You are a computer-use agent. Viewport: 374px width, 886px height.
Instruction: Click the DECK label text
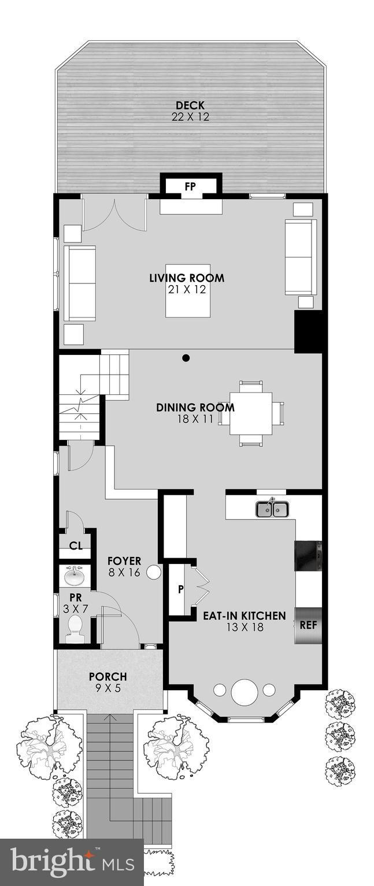(190, 105)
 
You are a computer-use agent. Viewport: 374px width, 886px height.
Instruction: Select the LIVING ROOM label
(187, 278)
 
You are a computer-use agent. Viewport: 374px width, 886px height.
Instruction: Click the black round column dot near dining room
(186, 358)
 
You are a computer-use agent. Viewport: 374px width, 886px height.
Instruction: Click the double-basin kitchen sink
(272, 509)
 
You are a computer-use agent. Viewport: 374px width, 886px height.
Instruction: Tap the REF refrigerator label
(308, 625)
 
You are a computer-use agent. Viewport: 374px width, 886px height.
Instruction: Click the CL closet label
(75, 545)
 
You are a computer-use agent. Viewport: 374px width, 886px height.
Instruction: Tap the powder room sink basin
(74, 575)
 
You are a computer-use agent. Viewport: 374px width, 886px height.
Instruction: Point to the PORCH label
(108, 676)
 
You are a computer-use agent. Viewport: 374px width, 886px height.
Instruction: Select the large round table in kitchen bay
(244, 691)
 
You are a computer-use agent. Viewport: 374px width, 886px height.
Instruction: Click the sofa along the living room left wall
(80, 283)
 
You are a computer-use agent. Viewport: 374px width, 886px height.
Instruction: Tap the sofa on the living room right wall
(300, 257)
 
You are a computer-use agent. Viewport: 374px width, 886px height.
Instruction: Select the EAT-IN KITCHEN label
(244, 616)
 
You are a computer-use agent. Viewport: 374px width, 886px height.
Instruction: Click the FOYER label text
(124, 560)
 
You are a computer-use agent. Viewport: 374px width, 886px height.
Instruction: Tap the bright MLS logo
(72, 862)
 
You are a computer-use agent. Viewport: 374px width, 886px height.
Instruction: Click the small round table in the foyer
(154, 572)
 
